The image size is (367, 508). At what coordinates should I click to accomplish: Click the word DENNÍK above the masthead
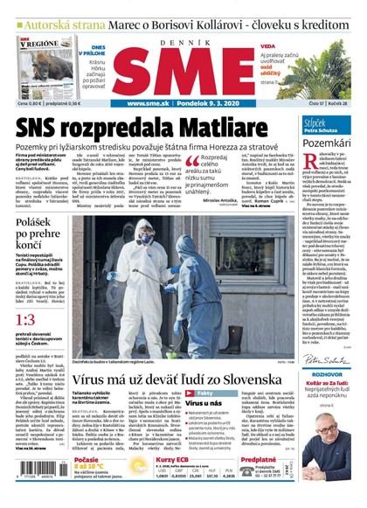pos(183,32)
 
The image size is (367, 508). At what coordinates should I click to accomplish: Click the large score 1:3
pos(26,320)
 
